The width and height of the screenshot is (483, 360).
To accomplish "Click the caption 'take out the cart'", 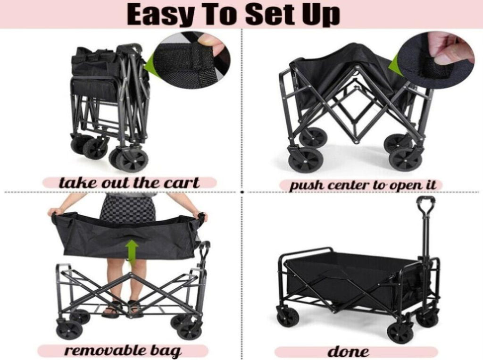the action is coord(129,183).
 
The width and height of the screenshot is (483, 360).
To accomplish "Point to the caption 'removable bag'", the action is coord(123,351).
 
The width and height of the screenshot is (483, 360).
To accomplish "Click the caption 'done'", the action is coord(348,352).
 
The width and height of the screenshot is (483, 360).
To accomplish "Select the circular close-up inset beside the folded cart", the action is coord(192,60).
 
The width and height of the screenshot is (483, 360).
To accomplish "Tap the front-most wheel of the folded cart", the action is coord(133,159).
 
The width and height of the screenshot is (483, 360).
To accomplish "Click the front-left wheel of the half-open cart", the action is coord(306,160).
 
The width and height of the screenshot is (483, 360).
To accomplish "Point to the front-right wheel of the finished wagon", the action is coord(400,333).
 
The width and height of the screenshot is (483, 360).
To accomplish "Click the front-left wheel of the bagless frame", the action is coord(69,330).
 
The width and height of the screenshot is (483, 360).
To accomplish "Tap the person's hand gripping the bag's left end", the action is coord(55,212).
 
